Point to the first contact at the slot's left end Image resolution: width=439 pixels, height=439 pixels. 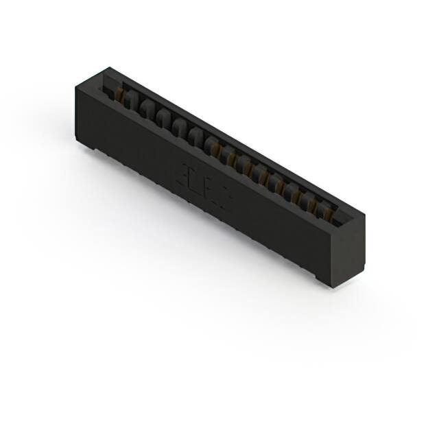tap(123, 96)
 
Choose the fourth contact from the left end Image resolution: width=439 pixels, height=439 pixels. tap(162, 118)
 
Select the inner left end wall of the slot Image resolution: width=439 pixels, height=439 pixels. tap(110, 86)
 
